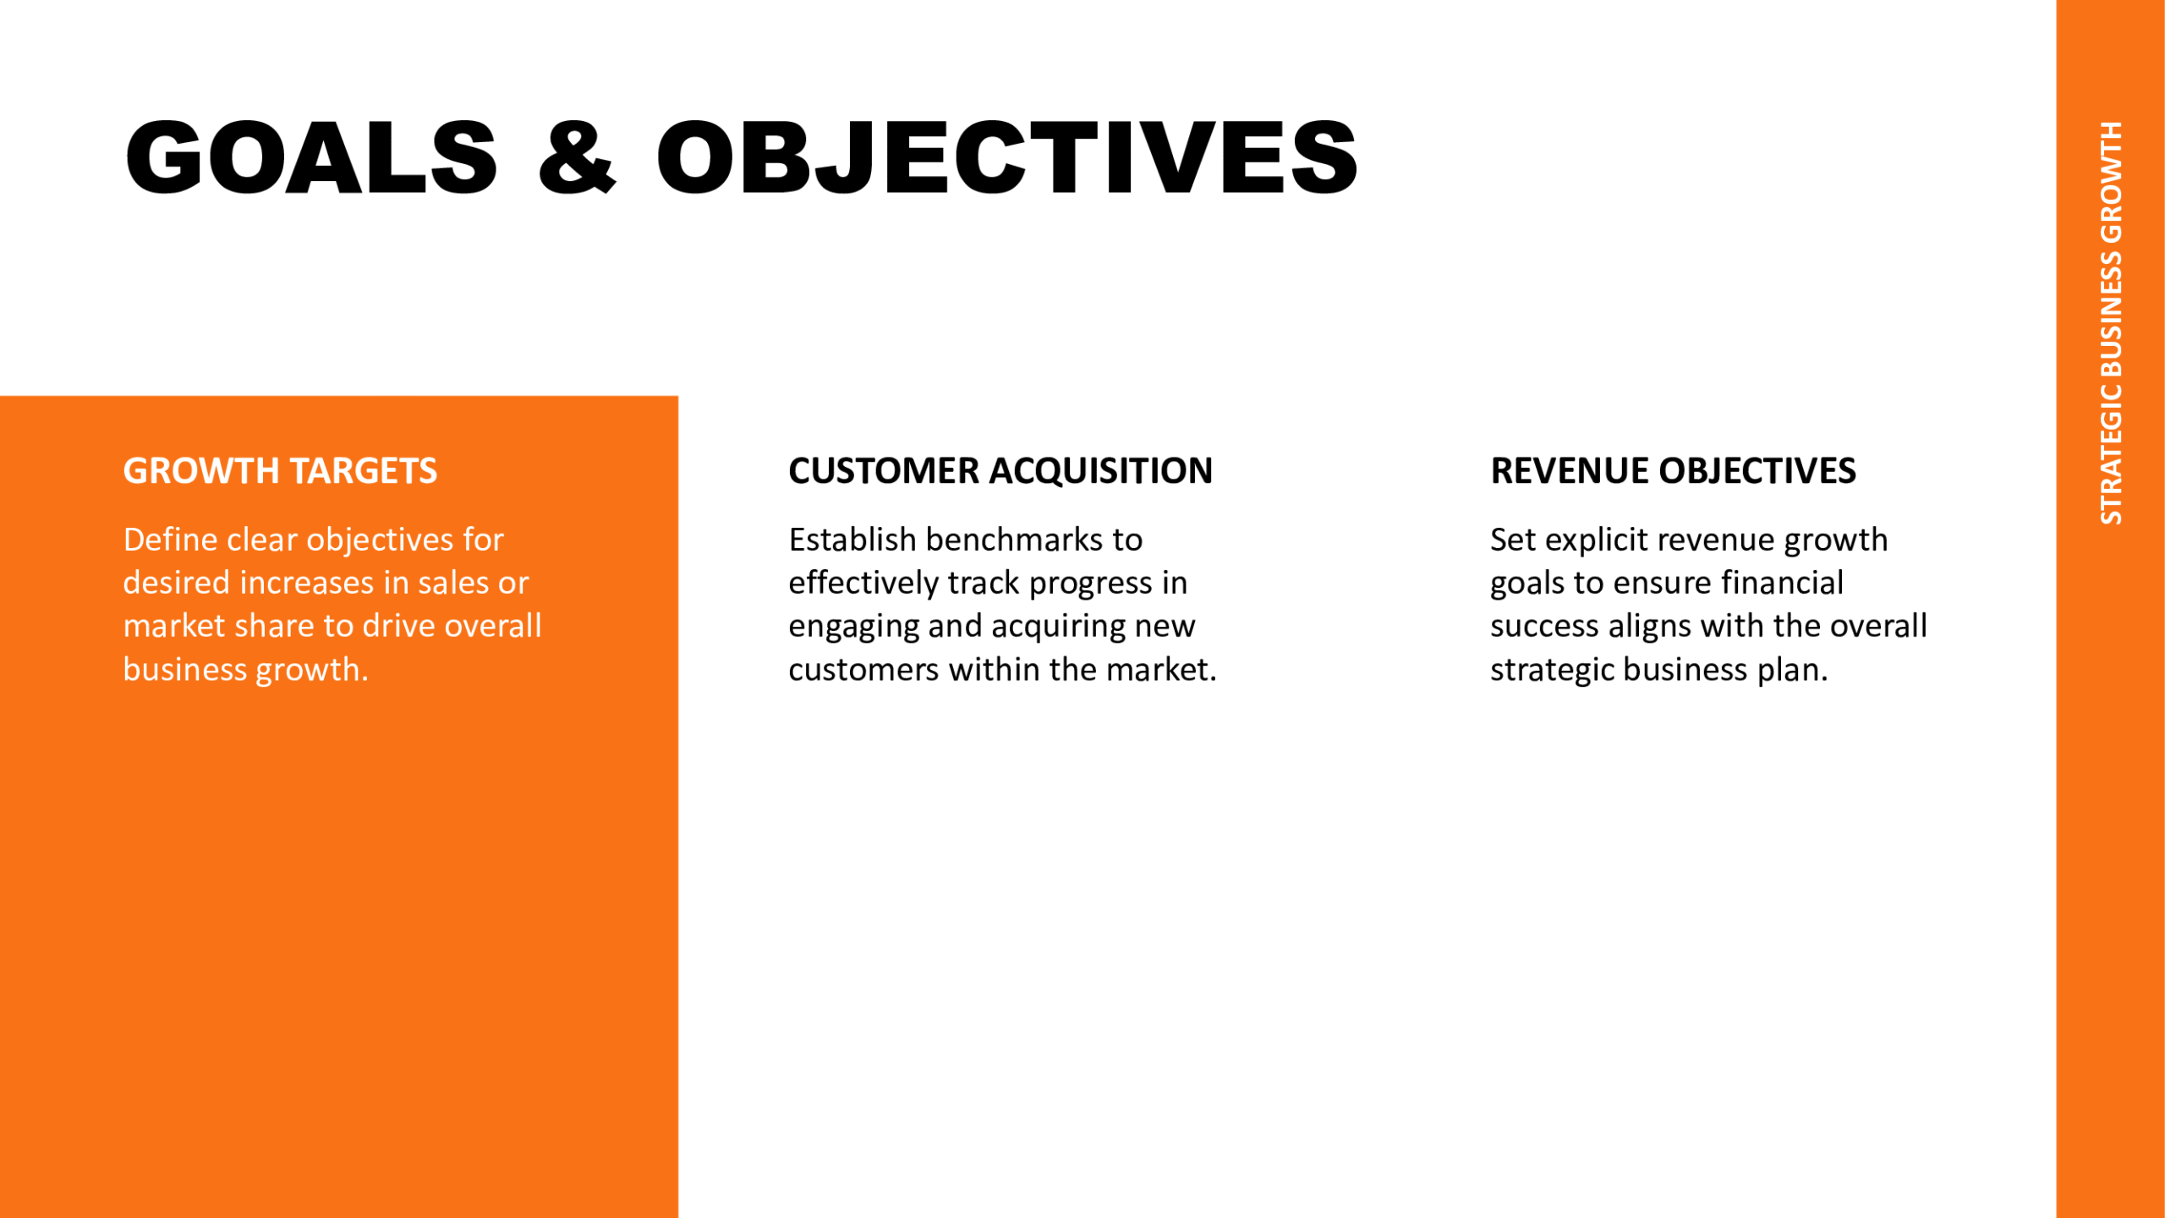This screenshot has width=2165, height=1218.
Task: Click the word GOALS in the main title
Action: pyautogui.click(x=311, y=157)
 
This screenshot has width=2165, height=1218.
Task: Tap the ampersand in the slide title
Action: pyautogui.click(x=578, y=157)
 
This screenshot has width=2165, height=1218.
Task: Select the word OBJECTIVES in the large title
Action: pyautogui.click(x=1007, y=157)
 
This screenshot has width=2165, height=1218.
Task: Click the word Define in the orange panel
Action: pyautogui.click(x=170, y=540)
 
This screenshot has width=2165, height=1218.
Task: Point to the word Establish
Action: pyautogui.click(x=852, y=540)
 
